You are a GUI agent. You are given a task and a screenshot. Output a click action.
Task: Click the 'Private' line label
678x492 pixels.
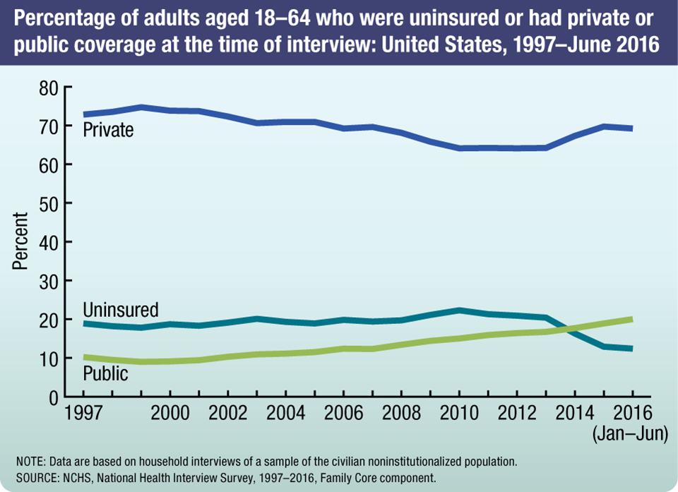point(108,130)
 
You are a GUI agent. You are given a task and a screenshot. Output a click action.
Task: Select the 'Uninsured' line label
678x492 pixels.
point(120,310)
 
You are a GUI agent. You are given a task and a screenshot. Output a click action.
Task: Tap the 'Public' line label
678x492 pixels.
point(105,373)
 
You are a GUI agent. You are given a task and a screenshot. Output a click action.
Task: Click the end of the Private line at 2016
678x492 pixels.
point(631,128)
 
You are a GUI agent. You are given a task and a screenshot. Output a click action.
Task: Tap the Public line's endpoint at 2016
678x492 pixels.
point(631,319)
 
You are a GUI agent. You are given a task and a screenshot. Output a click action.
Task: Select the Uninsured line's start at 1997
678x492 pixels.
point(85,323)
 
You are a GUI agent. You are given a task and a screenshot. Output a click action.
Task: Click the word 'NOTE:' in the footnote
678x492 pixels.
point(28,462)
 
